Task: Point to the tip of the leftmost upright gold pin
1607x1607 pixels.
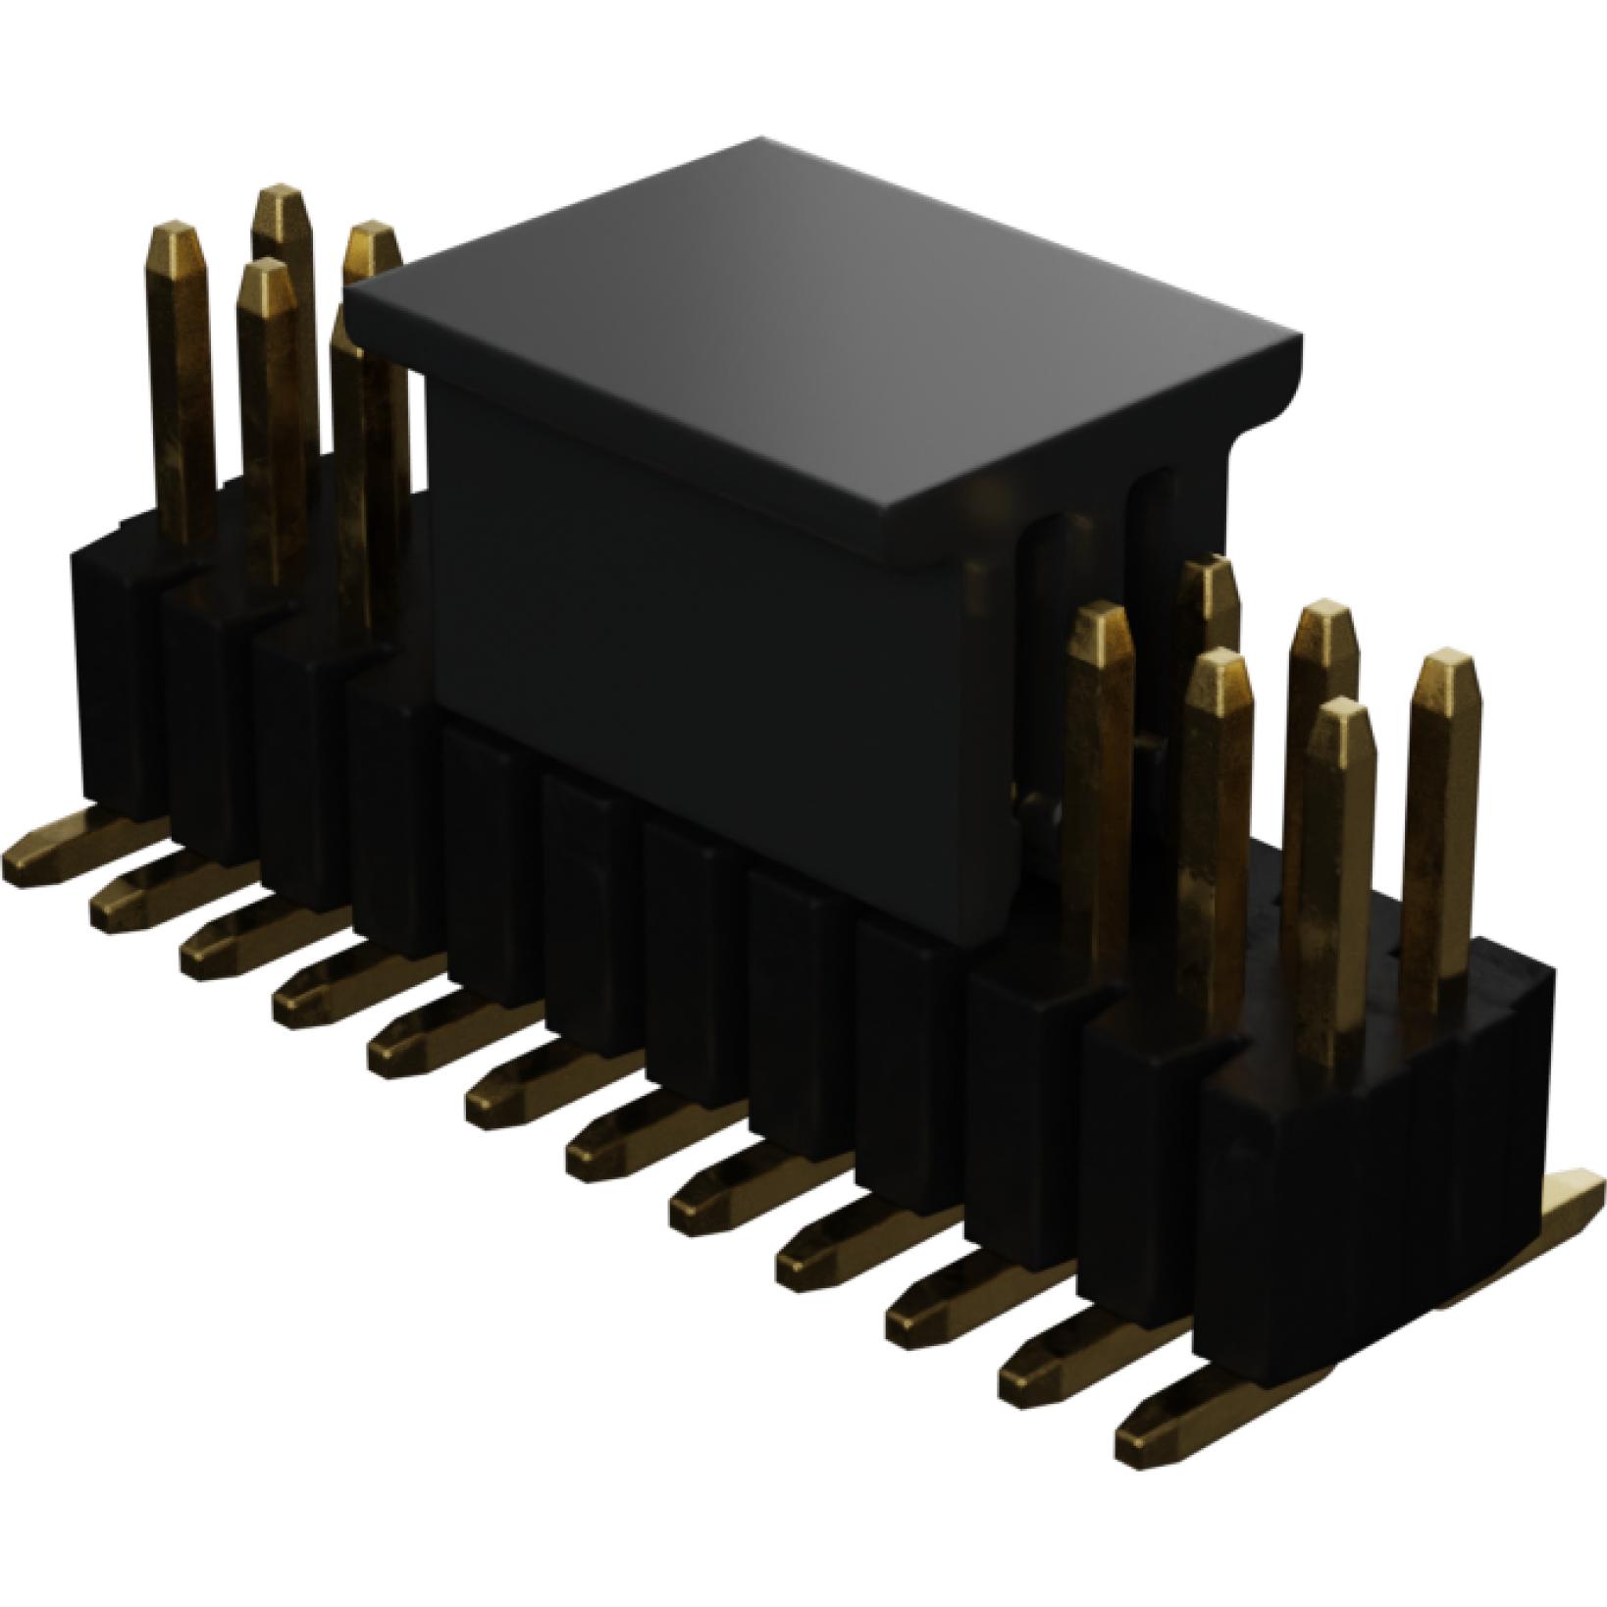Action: tap(178, 235)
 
